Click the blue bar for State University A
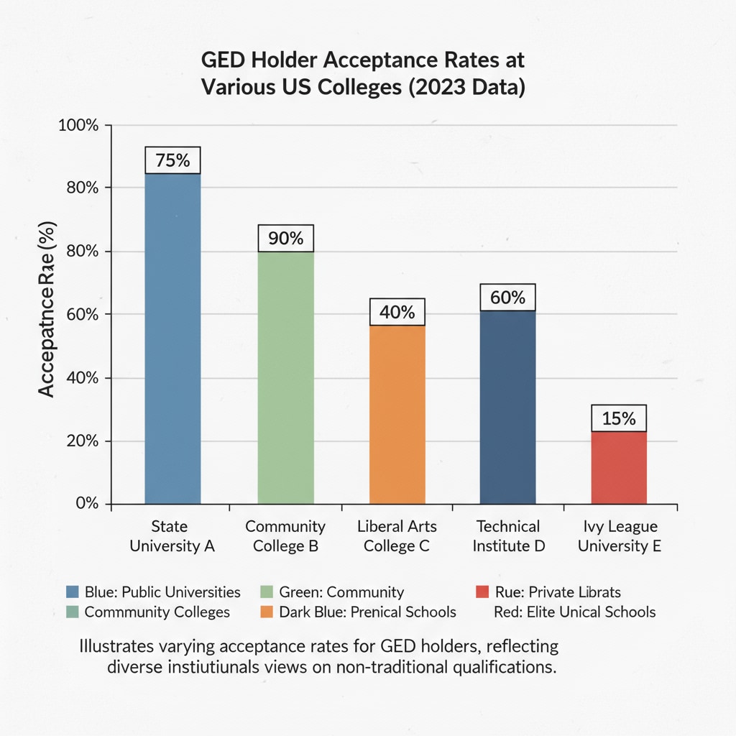pyautogui.click(x=172, y=338)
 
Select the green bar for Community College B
pyautogui.click(x=285, y=377)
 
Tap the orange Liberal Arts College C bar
pyautogui.click(x=397, y=415)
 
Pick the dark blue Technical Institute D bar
pyautogui.click(x=507, y=406)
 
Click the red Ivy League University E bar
pyautogui.click(x=619, y=467)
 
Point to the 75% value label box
pyautogui.click(x=172, y=160)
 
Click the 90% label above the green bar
pyautogui.click(x=285, y=238)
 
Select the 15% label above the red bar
pyautogui.click(x=619, y=418)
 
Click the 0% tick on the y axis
pyautogui.click(x=86, y=503)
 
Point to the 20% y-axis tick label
pyautogui.click(x=81, y=441)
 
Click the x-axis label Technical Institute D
pyautogui.click(x=508, y=536)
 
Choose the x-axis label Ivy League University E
pyautogui.click(x=619, y=536)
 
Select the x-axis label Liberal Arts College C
pyautogui.click(x=397, y=536)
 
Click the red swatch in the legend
pyautogui.click(x=483, y=592)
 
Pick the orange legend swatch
pyautogui.click(x=265, y=612)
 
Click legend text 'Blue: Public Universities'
pyautogui.click(x=162, y=592)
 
